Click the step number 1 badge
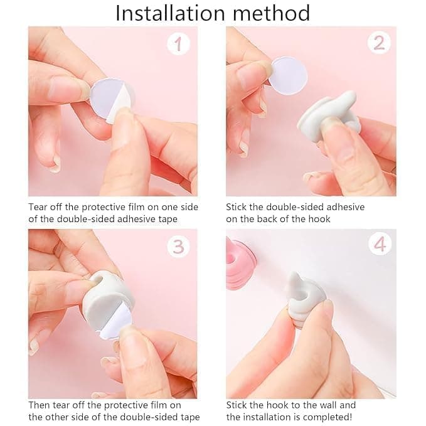point(178,44)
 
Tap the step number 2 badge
point(378,43)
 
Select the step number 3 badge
point(178,247)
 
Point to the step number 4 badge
point(378,244)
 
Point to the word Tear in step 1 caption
point(38,206)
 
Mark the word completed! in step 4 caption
point(349,417)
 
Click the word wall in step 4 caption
point(329,405)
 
